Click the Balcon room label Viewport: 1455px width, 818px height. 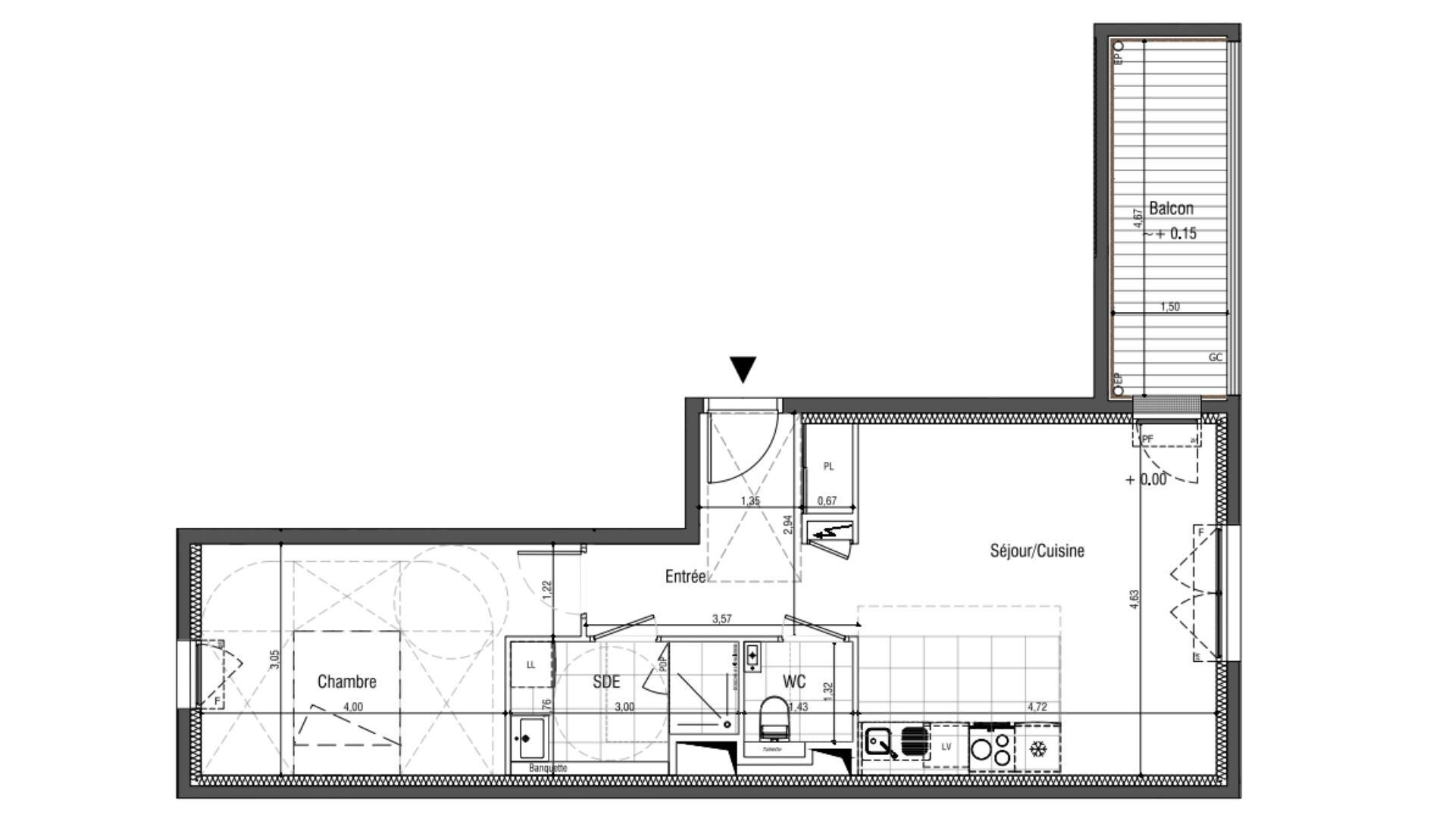(1171, 208)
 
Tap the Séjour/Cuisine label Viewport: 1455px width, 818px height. (1037, 551)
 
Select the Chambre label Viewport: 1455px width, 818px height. (346, 682)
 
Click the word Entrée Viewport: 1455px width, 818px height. (685, 576)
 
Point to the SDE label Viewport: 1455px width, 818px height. (606, 682)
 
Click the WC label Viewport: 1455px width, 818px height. (794, 682)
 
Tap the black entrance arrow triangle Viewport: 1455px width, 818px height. (743, 370)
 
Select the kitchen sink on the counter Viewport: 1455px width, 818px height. (881, 742)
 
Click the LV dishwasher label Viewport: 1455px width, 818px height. (946, 747)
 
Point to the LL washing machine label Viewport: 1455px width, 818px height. (530, 665)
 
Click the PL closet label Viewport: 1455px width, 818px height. (828, 467)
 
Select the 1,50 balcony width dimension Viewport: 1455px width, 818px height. (1170, 307)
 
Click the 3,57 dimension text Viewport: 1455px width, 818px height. (721, 619)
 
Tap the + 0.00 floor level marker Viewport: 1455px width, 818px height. (1146, 479)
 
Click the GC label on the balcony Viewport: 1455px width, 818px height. (1215, 357)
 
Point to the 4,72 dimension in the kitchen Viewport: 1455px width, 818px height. (1037, 707)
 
